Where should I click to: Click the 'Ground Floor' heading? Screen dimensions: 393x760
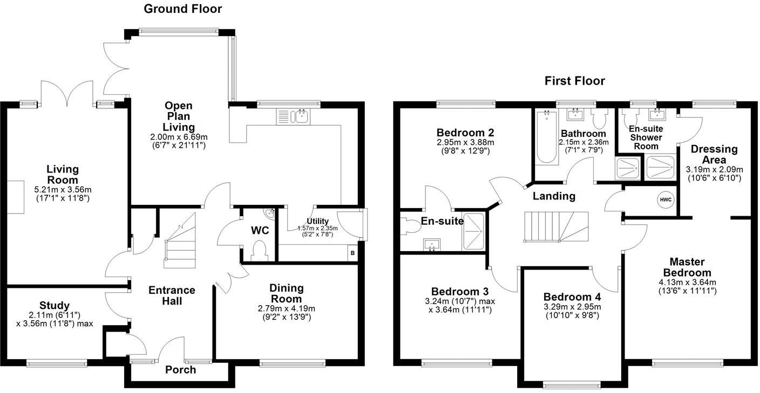click(183, 9)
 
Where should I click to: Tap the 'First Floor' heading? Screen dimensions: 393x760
click(574, 81)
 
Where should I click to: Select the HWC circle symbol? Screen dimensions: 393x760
click(666, 199)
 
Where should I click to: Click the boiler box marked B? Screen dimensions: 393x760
click(352, 253)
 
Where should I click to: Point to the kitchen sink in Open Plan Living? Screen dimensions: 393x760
click(292, 116)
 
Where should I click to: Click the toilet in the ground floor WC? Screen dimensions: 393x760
click(260, 251)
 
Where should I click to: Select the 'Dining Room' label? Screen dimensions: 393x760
click(287, 293)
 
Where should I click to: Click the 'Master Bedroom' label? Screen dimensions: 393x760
click(687, 267)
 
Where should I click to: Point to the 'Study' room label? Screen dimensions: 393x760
click(54, 306)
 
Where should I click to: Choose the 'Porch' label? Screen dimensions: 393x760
click(180, 370)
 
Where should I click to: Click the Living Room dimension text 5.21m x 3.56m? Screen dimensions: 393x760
click(62, 189)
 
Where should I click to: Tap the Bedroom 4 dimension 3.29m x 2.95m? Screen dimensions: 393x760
click(572, 307)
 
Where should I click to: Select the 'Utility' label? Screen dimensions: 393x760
click(317, 221)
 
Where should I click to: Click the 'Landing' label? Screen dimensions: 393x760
click(554, 196)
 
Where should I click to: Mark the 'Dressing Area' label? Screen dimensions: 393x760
click(714, 154)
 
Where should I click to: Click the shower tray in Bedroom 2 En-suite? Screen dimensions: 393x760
click(474, 231)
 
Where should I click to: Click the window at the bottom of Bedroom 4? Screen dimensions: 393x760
click(571, 384)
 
